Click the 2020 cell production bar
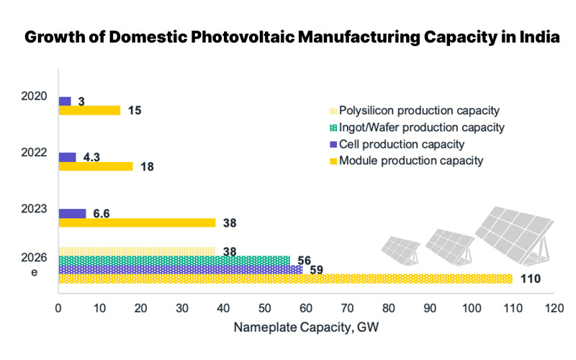[x=65, y=101]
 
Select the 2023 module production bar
[x=137, y=222]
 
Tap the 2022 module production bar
[x=95, y=166]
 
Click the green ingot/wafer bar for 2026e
[x=174, y=260]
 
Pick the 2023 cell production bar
[x=72, y=213]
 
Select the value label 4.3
[x=91, y=156]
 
